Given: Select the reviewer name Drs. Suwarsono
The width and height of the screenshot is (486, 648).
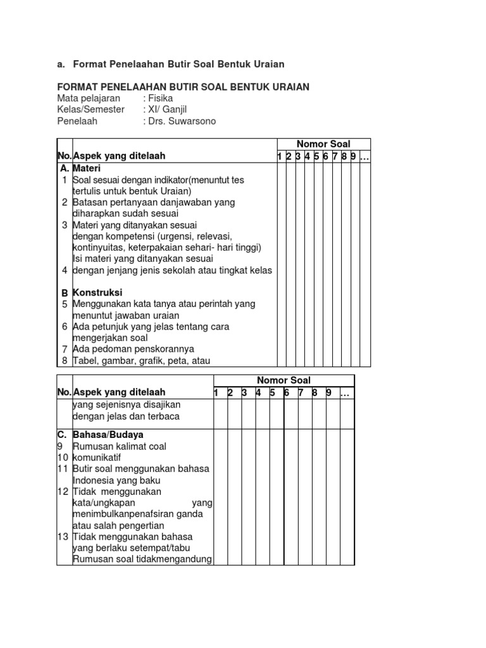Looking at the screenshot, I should (x=182, y=121).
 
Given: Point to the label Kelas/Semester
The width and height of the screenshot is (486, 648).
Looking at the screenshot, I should (x=90, y=109).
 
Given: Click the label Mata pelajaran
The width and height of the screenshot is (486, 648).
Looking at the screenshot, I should (x=89, y=98).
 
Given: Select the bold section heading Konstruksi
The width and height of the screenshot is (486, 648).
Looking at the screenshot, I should (x=97, y=293).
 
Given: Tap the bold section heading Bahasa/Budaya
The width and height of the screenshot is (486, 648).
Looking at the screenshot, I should (x=108, y=435).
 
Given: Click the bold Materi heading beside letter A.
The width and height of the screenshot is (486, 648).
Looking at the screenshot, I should (x=87, y=169).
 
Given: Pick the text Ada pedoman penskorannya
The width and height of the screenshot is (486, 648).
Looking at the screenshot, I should (x=134, y=349).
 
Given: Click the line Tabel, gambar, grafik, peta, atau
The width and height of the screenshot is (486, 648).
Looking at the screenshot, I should (x=140, y=361).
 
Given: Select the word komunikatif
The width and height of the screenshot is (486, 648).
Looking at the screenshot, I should (x=97, y=458).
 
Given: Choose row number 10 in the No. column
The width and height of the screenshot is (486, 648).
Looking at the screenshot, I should (x=62, y=458).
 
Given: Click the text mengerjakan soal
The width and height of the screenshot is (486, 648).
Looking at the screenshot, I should (x=111, y=338).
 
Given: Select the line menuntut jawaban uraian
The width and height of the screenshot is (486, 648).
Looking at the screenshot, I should (x=126, y=315).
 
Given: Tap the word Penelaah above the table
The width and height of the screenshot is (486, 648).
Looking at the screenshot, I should (x=77, y=121).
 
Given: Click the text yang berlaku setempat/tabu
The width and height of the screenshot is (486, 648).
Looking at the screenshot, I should (x=132, y=548).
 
